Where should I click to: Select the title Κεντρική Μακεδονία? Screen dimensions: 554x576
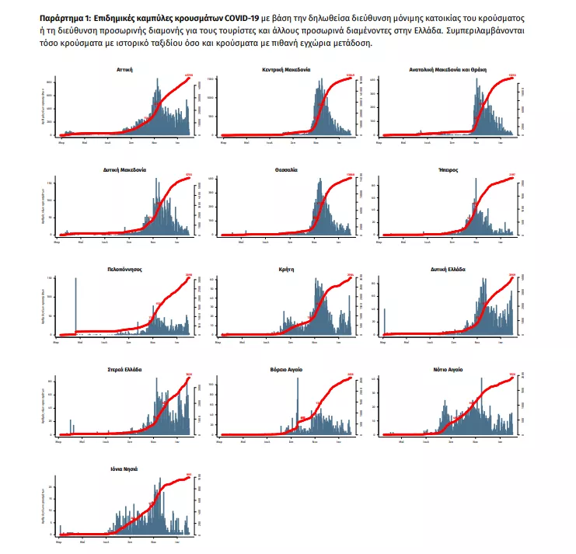click(286, 69)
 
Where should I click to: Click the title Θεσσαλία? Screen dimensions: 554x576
click(286, 169)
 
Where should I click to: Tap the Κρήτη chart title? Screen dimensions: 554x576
click(286, 269)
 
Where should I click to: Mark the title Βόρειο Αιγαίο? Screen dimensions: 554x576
click(286, 369)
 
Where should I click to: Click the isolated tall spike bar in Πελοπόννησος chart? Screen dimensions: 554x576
click(75, 305)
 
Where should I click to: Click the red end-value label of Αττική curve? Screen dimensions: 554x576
click(188, 75)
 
